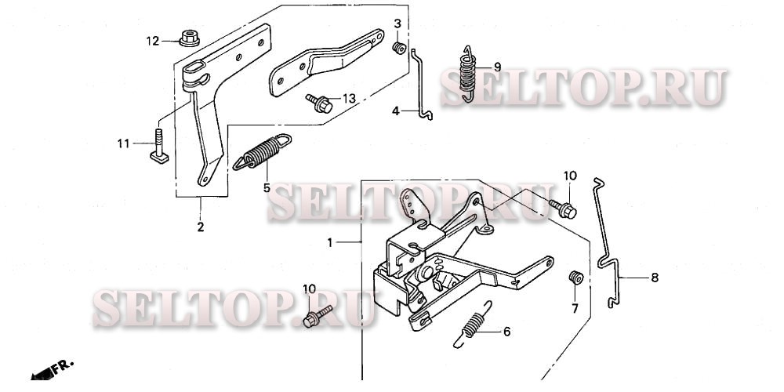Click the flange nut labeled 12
click(x=190, y=38)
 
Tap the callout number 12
click(x=153, y=41)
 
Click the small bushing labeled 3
click(x=399, y=48)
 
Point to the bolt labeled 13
click(x=320, y=103)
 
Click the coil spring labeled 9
click(x=467, y=74)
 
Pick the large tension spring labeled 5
click(x=262, y=151)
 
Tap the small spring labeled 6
click(x=472, y=325)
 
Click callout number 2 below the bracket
click(x=201, y=227)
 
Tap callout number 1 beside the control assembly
click(x=330, y=243)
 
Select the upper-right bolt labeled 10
click(x=563, y=209)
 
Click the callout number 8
click(x=655, y=278)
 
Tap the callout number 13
click(x=349, y=99)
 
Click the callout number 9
click(x=497, y=67)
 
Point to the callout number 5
click(x=267, y=188)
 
